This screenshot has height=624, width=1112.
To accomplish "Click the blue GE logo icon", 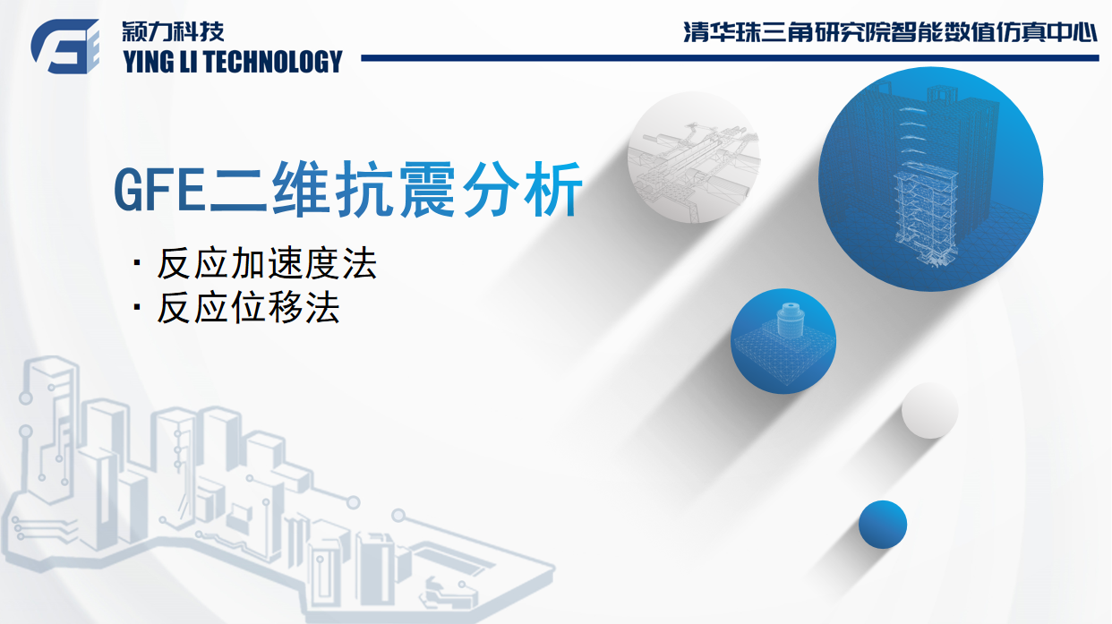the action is coord(65,47).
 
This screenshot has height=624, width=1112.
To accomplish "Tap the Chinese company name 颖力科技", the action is coord(174,31).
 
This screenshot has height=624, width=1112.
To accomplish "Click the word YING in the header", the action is coord(147,62).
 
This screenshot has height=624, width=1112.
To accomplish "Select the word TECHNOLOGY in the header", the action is coord(273,62).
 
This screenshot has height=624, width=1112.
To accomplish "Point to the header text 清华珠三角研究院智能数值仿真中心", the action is coord(890,31).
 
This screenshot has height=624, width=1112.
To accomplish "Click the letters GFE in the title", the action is coord(159,190).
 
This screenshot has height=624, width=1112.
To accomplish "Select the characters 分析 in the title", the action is coord(522,189).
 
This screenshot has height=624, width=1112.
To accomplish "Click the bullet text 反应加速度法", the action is coord(267,263).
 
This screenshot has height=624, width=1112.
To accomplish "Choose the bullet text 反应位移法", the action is coord(248,307).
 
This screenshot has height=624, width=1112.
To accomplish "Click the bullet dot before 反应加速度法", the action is coord(137,261).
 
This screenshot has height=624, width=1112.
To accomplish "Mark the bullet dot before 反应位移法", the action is coord(137,306).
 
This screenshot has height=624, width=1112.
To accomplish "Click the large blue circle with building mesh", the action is coord(930,179).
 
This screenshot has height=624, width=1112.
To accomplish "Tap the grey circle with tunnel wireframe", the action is coord(694,157).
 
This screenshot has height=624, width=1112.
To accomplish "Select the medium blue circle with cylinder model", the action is coord(783,341).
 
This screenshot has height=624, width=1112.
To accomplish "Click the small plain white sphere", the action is coord(930,411).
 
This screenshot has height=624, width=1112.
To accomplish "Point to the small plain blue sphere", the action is coord(883,525).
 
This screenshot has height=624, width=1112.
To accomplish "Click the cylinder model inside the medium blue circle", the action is coord(791,321).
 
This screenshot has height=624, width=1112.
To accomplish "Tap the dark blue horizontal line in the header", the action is coord(730,58).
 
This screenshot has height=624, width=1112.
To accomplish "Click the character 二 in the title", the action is coord(237,190).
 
